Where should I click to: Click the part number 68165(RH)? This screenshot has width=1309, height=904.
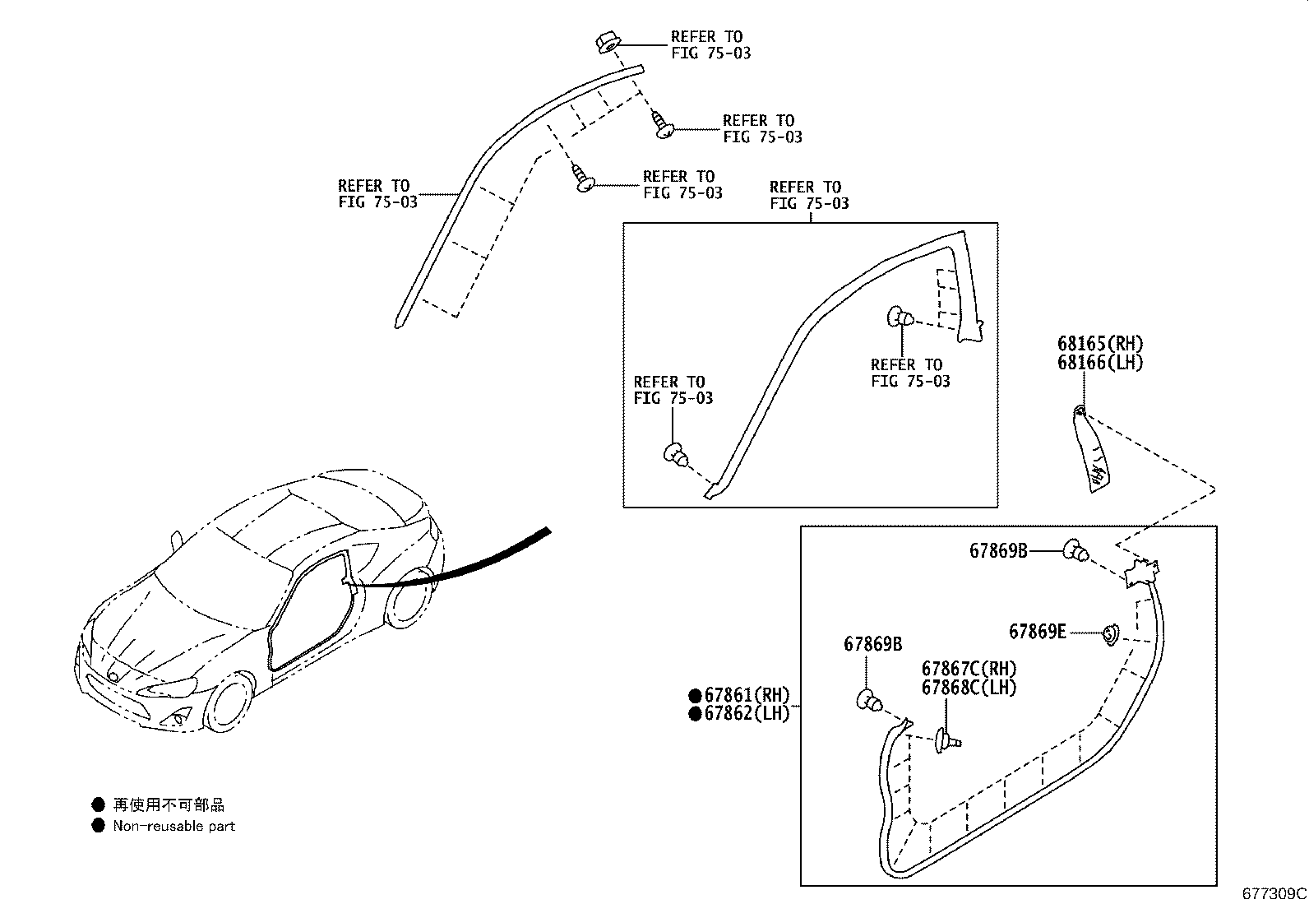coord(1100,345)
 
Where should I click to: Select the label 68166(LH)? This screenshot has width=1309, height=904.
coord(1100,363)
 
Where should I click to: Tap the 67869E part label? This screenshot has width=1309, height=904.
coord(1037,632)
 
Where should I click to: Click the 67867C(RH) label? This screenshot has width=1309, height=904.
coord(969,670)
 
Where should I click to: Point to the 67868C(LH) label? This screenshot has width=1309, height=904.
coord(969,688)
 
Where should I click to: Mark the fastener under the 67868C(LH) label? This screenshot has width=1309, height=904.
coord(946,741)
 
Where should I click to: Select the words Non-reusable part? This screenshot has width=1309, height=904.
coord(173,826)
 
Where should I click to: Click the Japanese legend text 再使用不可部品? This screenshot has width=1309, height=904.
coord(168,804)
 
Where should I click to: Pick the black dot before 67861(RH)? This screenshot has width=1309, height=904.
coord(695,695)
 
